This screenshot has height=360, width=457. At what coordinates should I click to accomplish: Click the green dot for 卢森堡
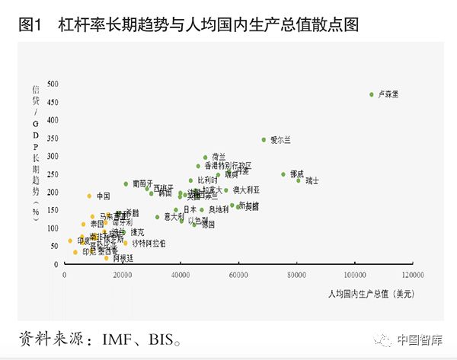tap(371, 94)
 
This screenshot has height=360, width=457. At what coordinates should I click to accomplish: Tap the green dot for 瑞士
tap(299, 180)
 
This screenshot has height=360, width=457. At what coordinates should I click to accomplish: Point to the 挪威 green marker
tap(283, 174)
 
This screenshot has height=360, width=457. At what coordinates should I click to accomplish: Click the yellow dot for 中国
tap(89, 196)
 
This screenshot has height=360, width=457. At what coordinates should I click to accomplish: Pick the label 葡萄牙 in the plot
tap(142, 183)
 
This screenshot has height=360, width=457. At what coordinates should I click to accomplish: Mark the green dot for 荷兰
tap(205, 158)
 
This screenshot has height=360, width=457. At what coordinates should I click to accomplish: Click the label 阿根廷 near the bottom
tap(123, 258)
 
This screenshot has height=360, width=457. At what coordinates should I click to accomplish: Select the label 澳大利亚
tap(246, 190)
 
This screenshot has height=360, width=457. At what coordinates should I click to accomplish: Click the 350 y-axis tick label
tap(53, 138)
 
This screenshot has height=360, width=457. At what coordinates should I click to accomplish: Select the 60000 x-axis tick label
tap(238, 274)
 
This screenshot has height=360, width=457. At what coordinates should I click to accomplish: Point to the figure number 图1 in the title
tap(29, 24)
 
